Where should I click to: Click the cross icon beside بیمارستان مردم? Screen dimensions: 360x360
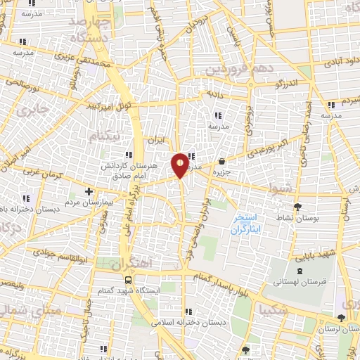[x=89, y=191]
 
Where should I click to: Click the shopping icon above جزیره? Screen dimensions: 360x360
[x=222, y=161]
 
